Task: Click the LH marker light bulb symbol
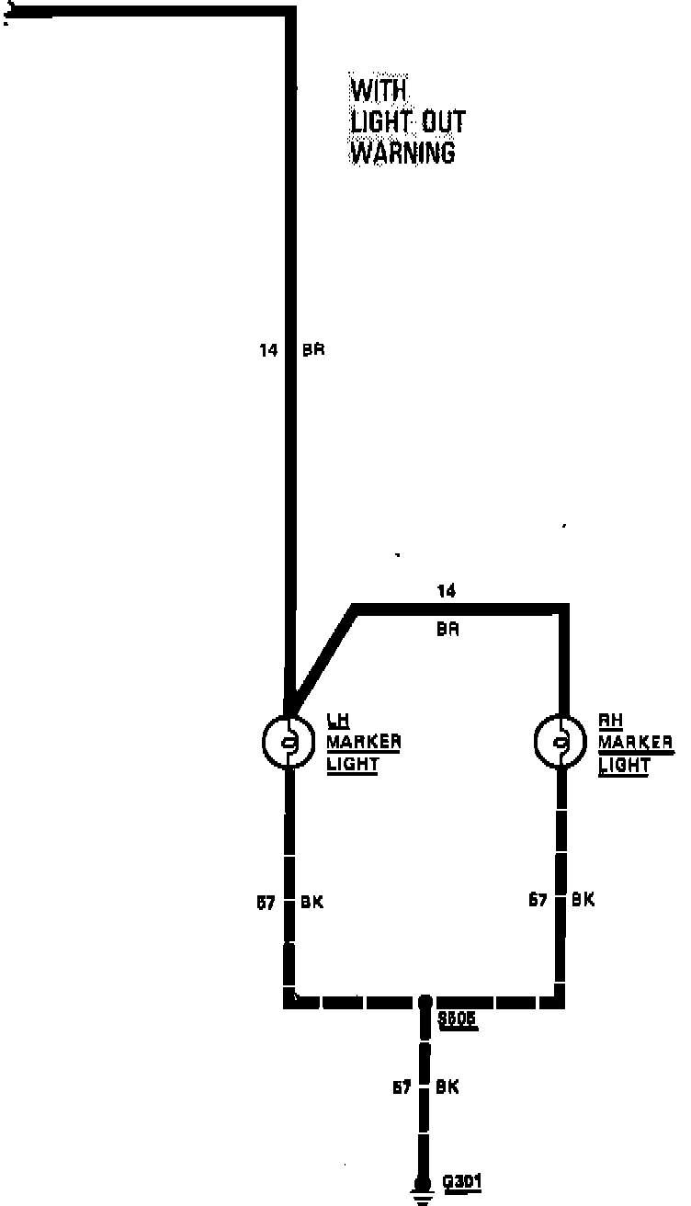[x=289, y=742]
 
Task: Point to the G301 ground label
[x=462, y=1181]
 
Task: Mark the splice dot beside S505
[x=425, y=1001]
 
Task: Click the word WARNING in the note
[x=402, y=152]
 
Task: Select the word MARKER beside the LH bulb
[x=364, y=742]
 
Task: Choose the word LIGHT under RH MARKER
[x=624, y=764]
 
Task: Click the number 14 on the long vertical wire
[x=267, y=350]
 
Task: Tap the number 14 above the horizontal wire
[x=446, y=591]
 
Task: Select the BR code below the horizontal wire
[x=447, y=630]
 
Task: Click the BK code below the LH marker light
[x=312, y=903]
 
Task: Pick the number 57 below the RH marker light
[x=538, y=900]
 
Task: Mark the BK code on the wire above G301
[x=447, y=1087]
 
